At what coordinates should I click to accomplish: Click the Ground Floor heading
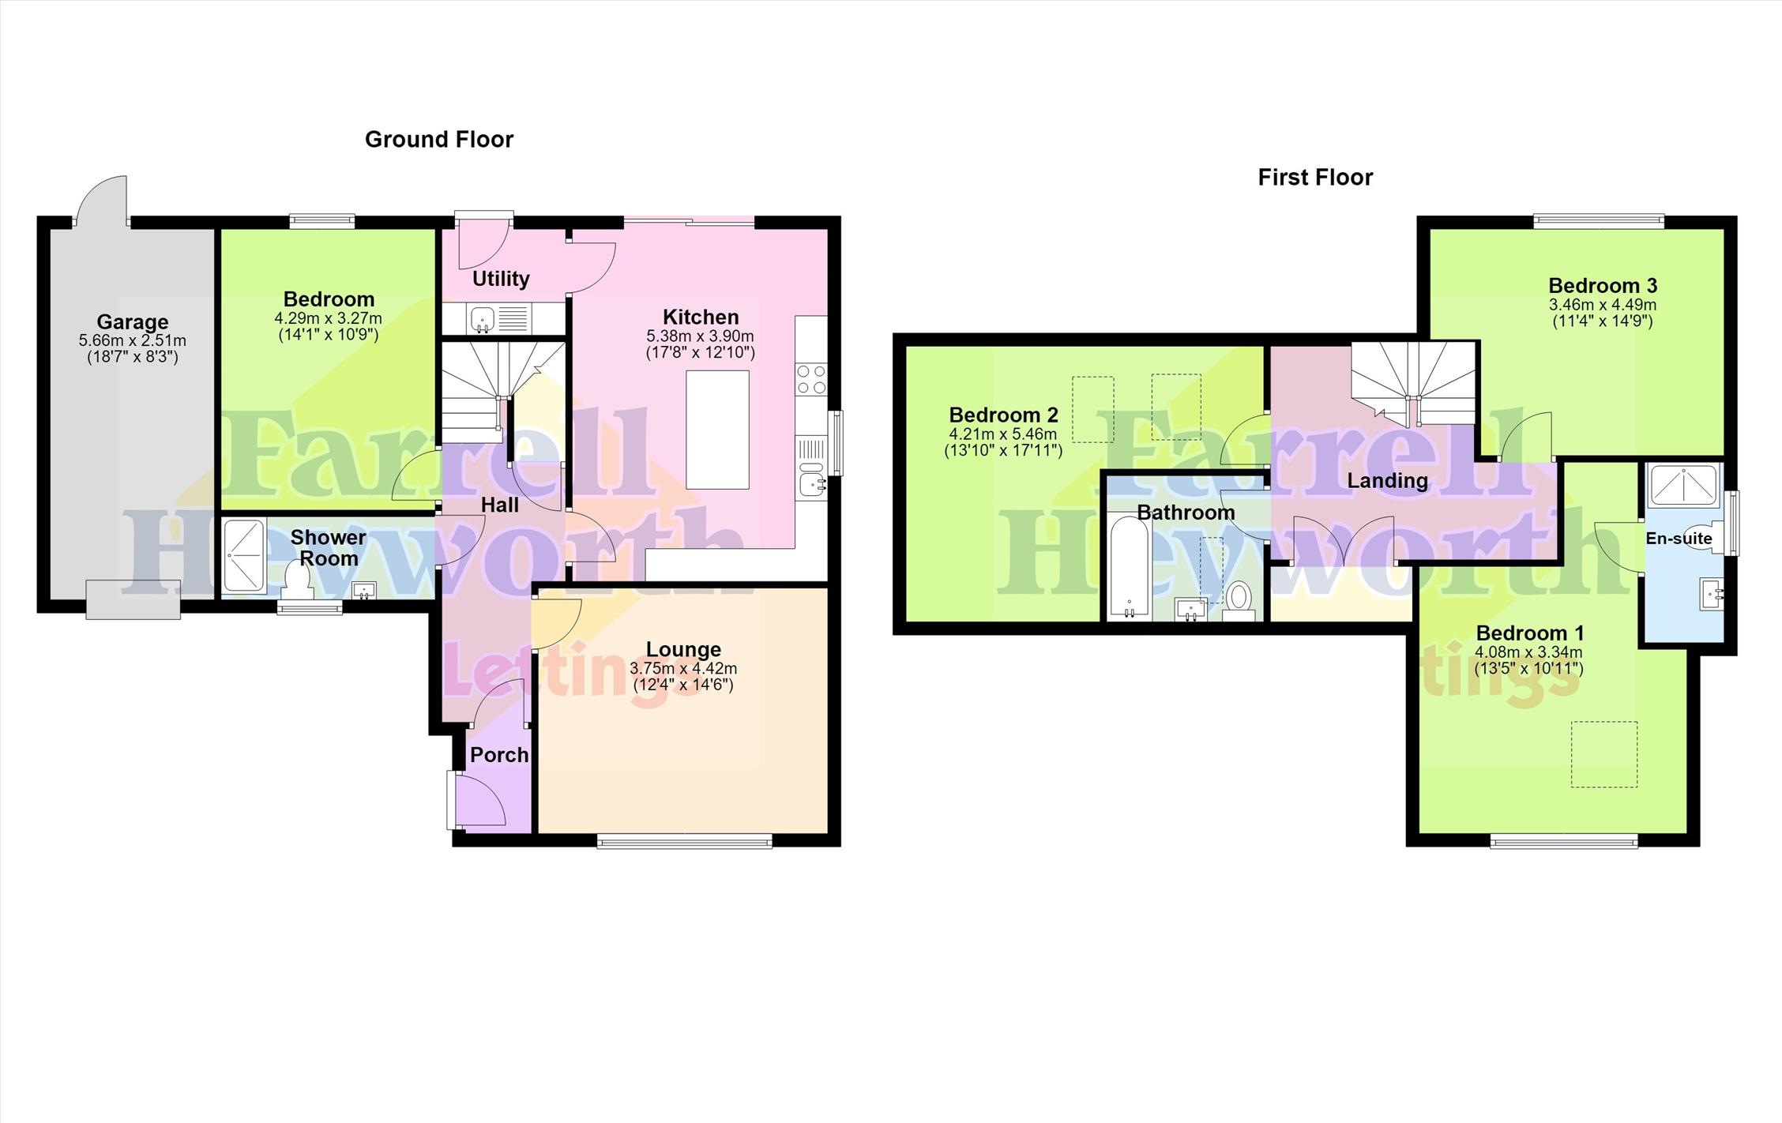click(x=439, y=140)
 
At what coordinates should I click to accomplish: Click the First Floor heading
click(x=1315, y=178)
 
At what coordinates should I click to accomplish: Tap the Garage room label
click(x=133, y=322)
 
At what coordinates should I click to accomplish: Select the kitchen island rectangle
click(x=717, y=430)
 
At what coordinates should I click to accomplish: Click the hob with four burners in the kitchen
click(x=811, y=379)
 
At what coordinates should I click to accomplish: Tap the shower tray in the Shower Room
click(x=244, y=555)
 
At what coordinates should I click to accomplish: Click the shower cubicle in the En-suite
click(x=1682, y=485)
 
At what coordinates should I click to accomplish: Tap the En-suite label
click(x=1679, y=539)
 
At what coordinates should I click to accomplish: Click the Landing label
click(x=1387, y=481)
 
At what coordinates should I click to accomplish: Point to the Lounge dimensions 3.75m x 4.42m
click(x=683, y=669)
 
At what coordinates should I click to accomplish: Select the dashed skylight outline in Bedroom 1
click(x=1603, y=754)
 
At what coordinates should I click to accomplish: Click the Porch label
click(x=499, y=755)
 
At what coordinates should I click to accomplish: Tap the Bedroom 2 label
click(x=1003, y=415)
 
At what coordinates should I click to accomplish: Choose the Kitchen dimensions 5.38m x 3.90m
click(x=700, y=336)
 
